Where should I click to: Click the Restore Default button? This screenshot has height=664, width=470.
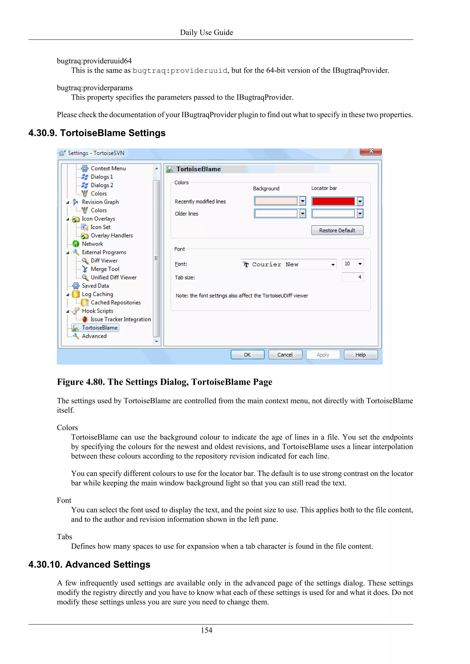[337, 230]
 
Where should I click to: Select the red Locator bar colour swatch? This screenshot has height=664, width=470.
[333, 201]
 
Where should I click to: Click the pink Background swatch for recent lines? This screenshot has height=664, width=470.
[276, 201]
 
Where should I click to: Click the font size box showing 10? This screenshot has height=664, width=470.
[352, 264]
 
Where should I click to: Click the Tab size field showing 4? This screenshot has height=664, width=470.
[352, 277]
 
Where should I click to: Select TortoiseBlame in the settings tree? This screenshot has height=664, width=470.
[100, 328]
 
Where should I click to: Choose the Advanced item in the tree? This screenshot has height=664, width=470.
[94, 336]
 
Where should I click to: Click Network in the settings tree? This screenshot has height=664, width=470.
[92, 244]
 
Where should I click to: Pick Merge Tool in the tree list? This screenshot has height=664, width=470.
[105, 269]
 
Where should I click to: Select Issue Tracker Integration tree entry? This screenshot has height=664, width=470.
[120, 319]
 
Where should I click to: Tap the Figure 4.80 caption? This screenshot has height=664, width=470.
[164, 382]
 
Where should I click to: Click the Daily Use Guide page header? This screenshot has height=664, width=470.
[206, 32]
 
